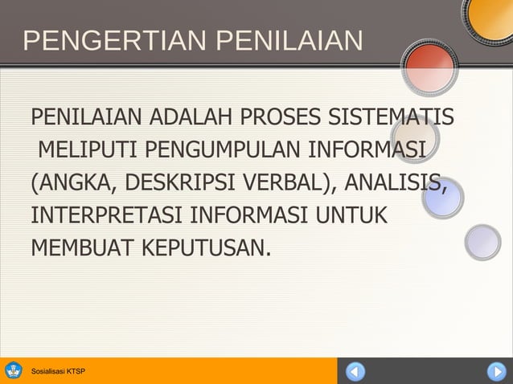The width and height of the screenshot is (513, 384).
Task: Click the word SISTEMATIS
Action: (391, 118)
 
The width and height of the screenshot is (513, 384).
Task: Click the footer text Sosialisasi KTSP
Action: (57, 371)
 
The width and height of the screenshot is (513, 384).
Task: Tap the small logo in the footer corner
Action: (14, 370)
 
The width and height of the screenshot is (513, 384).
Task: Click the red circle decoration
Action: (429, 65)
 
